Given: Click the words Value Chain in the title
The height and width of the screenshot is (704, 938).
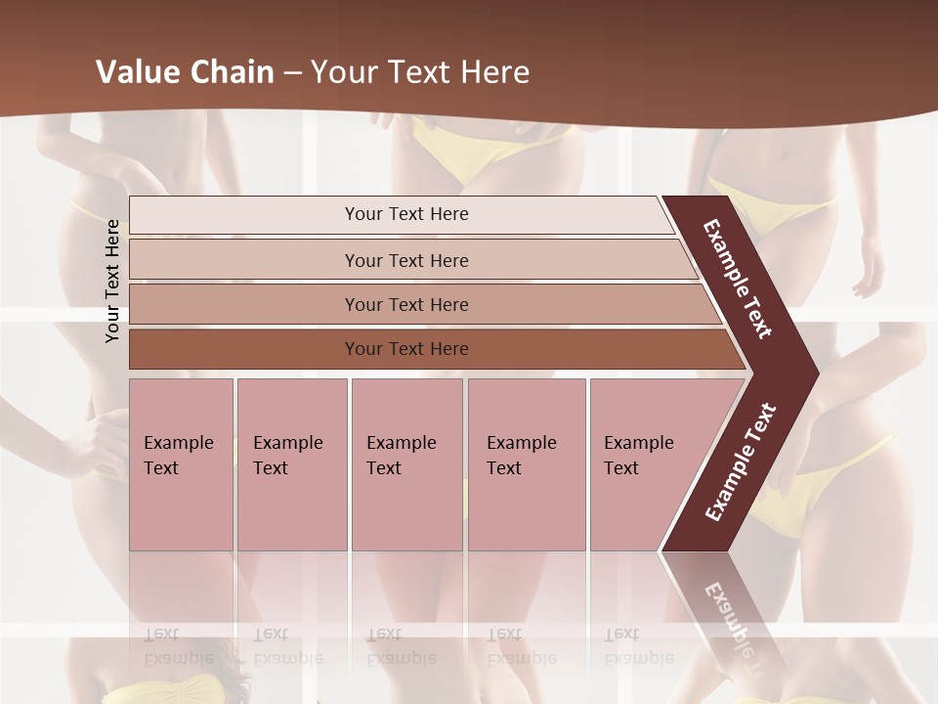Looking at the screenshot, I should (x=185, y=72).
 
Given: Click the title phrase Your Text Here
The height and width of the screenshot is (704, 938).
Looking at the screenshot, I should (x=420, y=72).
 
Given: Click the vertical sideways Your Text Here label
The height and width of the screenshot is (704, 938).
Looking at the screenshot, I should (x=112, y=281).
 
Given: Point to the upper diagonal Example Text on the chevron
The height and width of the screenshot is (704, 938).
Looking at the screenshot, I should (x=738, y=279).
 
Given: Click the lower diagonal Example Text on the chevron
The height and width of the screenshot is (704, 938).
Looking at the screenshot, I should (x=741, y=462).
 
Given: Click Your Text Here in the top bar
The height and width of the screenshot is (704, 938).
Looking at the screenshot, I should (x=406, y=214).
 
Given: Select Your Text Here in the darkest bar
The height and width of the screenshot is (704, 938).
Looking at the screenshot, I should (x=406, y=349).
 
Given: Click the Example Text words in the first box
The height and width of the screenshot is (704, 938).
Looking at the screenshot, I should (x=178, y=455).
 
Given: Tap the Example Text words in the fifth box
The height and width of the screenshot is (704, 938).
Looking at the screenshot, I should (x=638, y=455).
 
